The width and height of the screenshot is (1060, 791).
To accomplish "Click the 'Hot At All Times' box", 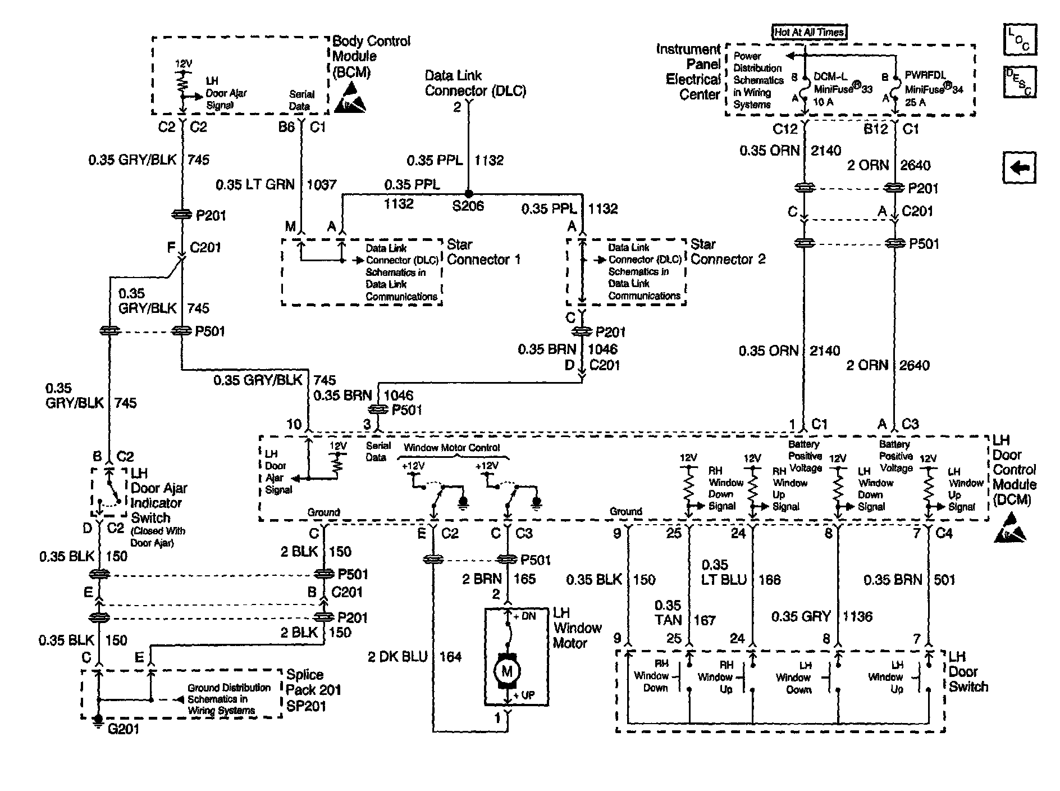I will [809, 32].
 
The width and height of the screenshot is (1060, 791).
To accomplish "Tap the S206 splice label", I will [468, 206].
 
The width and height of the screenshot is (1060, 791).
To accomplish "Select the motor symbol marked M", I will [507, 670].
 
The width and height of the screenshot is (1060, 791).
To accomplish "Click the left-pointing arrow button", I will [1020, 168].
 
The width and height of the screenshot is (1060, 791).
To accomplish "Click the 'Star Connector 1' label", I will [483, 252].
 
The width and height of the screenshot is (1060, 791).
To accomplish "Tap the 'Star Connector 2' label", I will [728, 252].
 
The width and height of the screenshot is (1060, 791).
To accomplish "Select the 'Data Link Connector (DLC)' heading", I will [475, 83].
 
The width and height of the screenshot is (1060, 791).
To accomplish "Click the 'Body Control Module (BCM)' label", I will [371, 57].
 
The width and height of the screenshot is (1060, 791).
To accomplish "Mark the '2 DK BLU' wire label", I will [397, 656].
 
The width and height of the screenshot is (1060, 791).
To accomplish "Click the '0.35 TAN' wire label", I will [668, 613].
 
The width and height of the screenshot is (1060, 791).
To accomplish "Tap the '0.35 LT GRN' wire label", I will [255, 184].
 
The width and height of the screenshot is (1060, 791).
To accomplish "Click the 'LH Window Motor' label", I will [577, 628].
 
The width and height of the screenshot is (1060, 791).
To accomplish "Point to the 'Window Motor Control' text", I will [452, 448].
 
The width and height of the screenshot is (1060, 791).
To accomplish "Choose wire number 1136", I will [857, 617].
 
